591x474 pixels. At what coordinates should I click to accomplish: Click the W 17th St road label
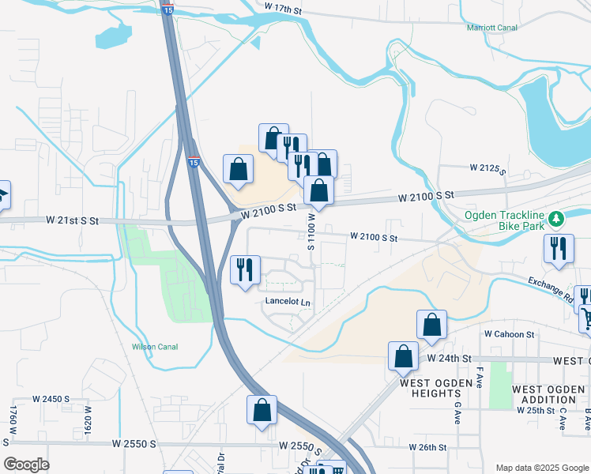[284, 7]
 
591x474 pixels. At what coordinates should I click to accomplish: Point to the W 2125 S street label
[487, 168]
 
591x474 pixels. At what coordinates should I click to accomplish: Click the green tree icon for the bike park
[556, 216]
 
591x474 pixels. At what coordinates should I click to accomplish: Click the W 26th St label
[428, 447]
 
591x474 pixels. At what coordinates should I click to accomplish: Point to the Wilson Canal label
[155, 347]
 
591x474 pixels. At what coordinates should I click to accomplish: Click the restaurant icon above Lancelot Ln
[245, 269]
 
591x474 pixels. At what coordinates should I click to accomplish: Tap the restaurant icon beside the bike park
[559, 248]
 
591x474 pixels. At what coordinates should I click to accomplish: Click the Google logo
[26, 465]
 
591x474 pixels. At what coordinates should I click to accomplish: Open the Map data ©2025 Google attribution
[542, 468]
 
